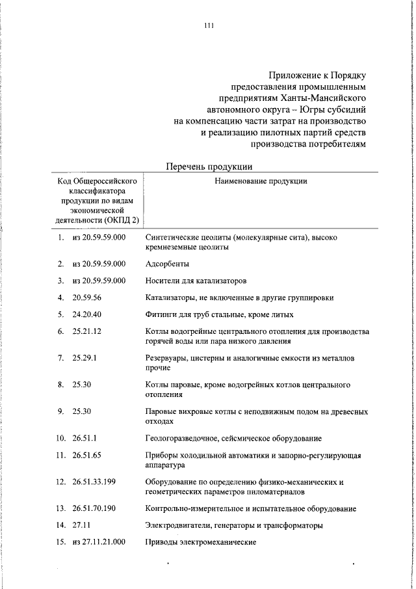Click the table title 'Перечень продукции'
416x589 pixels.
[x=209, y=166]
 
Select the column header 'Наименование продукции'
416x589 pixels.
[x=261, y=182]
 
